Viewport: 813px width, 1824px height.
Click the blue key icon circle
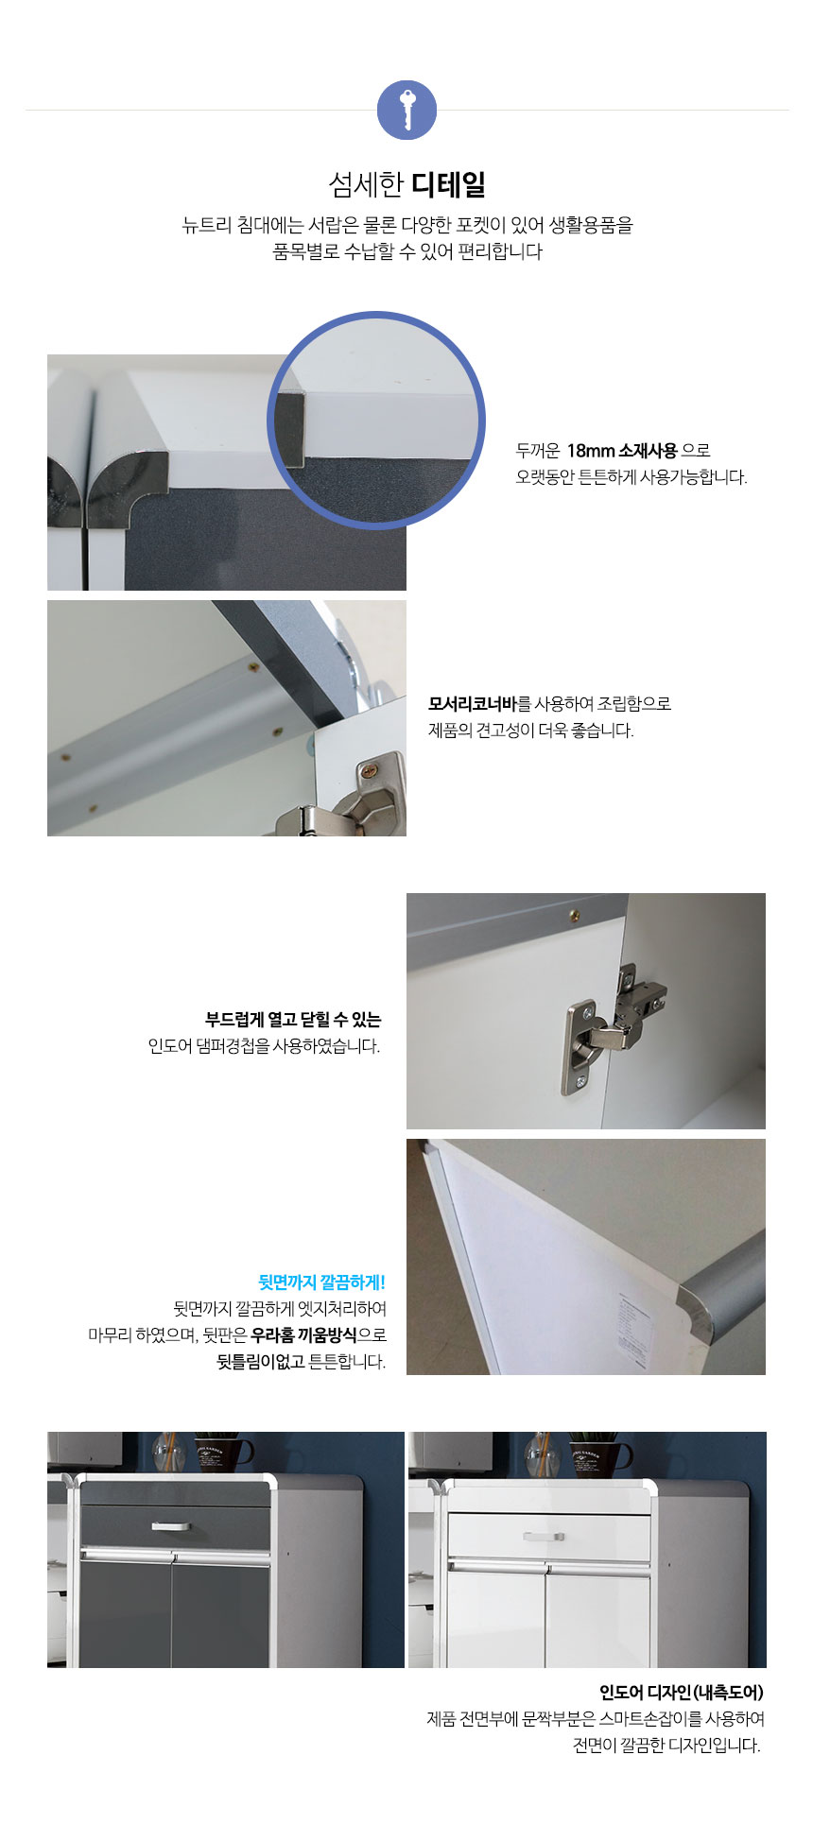406,111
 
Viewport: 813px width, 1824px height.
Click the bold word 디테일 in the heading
448,184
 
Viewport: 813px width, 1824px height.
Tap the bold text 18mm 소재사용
622,450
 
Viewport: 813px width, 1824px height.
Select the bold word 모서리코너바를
480,703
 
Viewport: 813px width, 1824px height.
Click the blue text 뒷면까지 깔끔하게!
321,1282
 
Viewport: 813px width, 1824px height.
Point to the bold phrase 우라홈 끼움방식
303,1335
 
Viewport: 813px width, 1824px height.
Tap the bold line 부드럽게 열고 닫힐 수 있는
293,1020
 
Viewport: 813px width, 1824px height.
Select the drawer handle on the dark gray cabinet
170,1525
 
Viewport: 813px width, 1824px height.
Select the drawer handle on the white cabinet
544,1537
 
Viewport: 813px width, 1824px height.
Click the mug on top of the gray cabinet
223,1455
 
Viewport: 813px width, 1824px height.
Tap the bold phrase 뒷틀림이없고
261,1362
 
